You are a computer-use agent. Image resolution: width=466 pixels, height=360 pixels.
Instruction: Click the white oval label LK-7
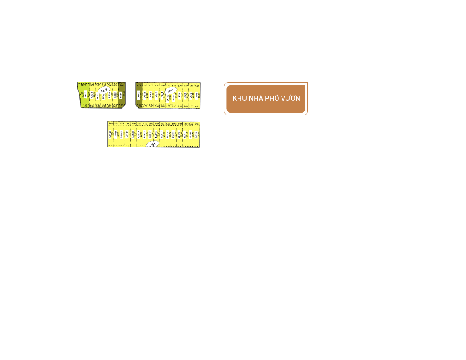pos(170,92)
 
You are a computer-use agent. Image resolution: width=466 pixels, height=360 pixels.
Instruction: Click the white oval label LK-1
pos(153,144)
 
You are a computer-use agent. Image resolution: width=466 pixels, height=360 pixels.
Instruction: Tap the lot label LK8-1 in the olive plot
pos(121,95)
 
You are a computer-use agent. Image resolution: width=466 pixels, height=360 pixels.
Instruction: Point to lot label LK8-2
pos(115,95)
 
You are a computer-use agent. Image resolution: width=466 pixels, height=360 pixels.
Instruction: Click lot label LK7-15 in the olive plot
pos(138,96)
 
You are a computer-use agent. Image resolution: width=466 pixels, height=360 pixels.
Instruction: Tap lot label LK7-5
pos(196,96)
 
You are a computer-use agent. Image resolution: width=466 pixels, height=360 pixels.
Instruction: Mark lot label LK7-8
pos(179,96)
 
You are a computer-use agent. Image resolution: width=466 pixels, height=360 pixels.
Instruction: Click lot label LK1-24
pos(110,134)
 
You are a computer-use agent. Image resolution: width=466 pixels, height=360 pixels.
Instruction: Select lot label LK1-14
pos(167,134)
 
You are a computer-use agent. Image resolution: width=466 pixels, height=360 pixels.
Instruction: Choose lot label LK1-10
pos(190,134)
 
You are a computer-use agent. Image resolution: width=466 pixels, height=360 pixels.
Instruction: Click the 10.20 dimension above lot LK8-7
pos(84,85)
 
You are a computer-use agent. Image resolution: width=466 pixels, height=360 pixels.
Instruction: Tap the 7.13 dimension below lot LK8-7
pos(85,106)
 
